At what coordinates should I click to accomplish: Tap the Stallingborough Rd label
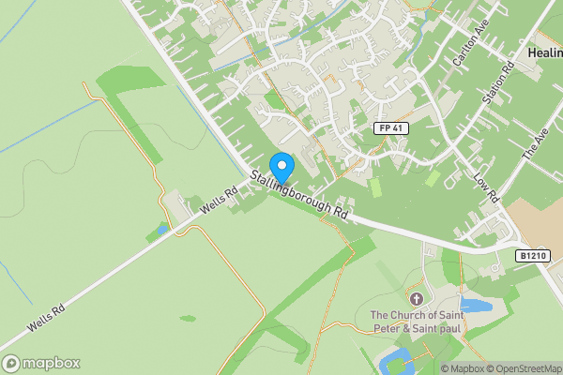[x=298, y=194]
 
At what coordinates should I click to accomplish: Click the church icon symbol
[x=418, y=299]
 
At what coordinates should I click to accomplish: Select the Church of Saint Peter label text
[x=418, y=322]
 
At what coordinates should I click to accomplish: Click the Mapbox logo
[x=41, y=363]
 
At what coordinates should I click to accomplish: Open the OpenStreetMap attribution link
[x=524, y=369]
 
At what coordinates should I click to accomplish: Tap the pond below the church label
[x=393, y=360]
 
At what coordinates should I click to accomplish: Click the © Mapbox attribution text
[x=461, y=369]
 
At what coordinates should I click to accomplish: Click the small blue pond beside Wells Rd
[x=162, y=228]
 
